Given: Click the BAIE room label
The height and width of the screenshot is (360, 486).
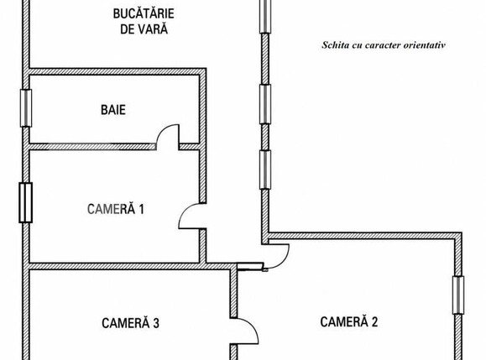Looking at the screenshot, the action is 113,110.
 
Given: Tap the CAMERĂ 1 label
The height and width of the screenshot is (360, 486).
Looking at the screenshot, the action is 116,209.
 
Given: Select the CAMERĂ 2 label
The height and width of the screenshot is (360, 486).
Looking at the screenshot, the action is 349,322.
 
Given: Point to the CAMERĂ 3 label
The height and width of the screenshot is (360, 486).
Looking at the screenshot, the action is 130,323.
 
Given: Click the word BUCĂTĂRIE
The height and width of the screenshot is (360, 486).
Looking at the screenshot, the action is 144,13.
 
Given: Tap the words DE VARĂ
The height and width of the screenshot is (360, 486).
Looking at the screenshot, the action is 144,29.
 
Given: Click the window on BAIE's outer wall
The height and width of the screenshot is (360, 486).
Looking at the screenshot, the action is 26,108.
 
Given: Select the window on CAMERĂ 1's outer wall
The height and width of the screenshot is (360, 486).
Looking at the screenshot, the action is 26,202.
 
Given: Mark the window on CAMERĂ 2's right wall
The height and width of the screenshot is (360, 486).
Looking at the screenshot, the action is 458,295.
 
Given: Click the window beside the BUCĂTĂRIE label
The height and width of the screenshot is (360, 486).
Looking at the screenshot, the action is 265,16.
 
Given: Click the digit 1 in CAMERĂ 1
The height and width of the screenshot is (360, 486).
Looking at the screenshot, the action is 141,209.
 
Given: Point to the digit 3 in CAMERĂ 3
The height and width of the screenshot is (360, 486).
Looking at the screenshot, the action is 156,323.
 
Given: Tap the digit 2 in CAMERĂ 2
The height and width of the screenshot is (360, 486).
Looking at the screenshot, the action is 374,322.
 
